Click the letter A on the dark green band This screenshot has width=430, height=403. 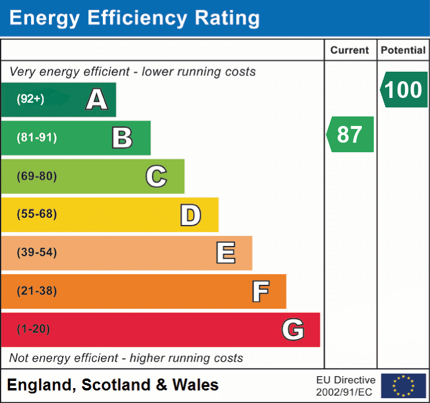[x=97, y=100]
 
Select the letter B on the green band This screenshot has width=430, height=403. [x=122, y=138]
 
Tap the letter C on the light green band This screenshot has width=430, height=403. [x=156, y=176]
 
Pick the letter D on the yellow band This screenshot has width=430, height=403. [x=190, y=215]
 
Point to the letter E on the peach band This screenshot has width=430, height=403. [x=225, y=253]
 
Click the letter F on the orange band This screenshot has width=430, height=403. [x=260, y=291]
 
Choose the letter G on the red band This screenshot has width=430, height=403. [x=293, y=330]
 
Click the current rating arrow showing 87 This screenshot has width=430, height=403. [x=350, y=134]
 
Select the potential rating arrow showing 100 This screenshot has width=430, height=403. [x=403, y=90]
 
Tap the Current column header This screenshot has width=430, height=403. [x=350, y=51]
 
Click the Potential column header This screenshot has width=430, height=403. [x=403, y=51]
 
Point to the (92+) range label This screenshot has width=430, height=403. [x=31, y=100]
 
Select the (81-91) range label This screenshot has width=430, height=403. [x=36, y=138]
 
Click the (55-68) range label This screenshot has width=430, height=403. [x=36, y=214]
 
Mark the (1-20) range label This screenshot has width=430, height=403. [x=33, y=329]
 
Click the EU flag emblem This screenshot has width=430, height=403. [x=403, y=386]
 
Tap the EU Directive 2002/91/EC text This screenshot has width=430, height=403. [x=346, y=386]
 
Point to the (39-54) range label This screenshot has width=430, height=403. [x=36, y=253]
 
